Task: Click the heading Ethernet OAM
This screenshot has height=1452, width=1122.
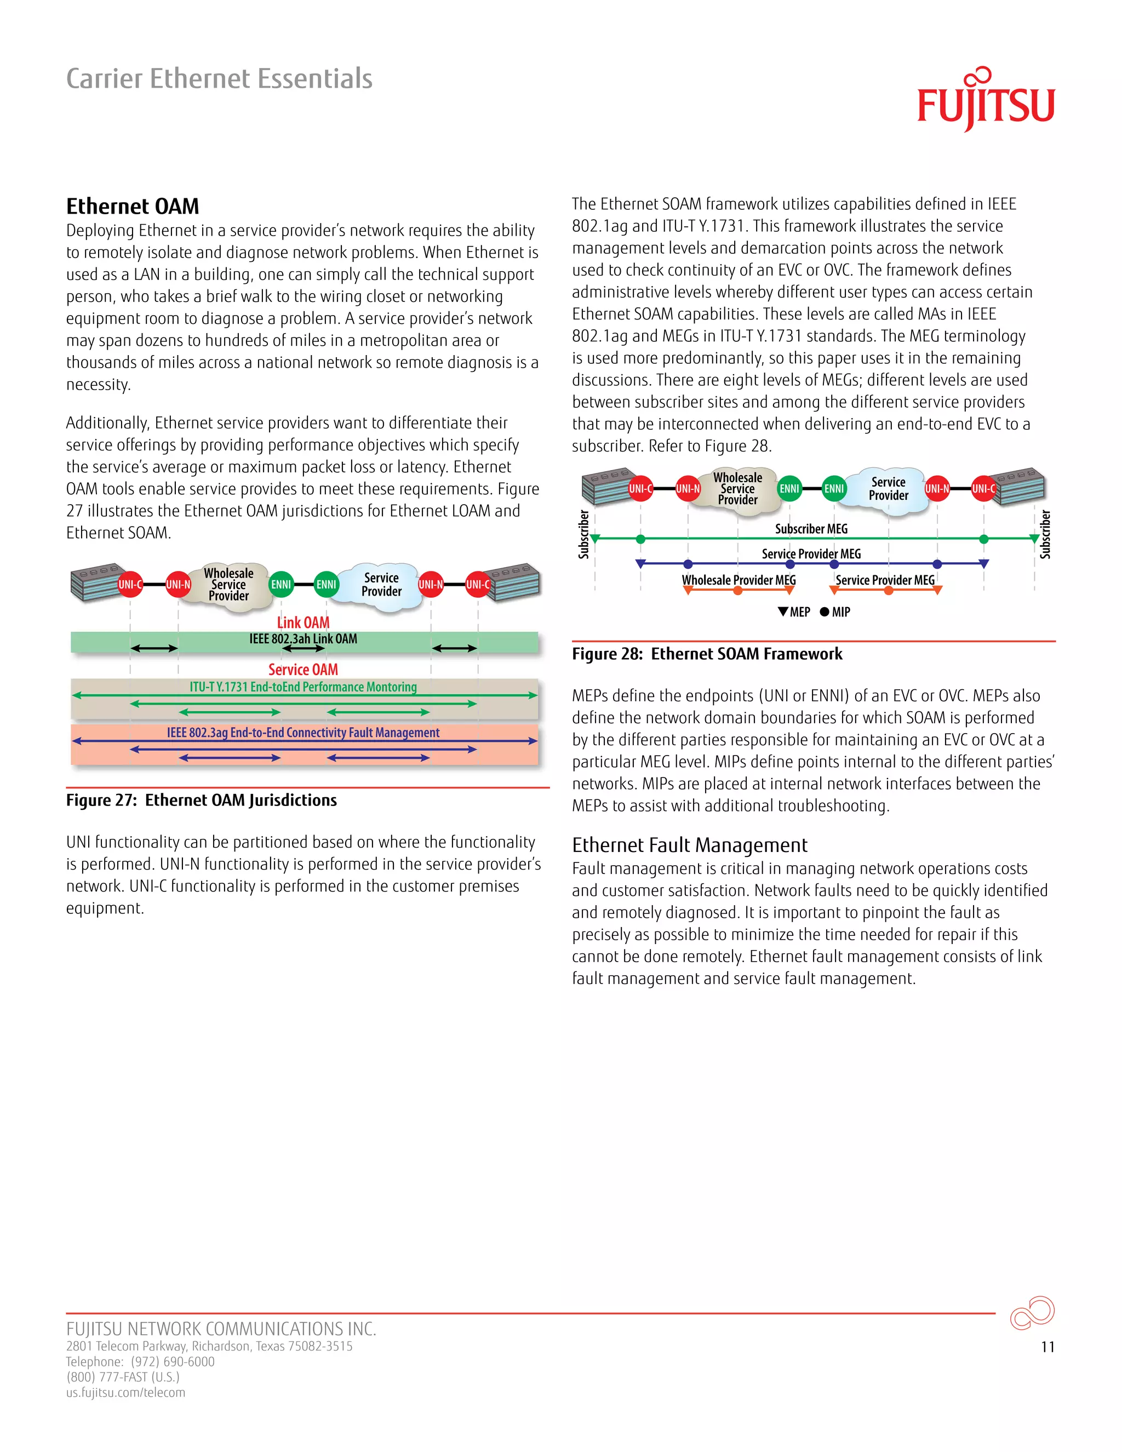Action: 132,206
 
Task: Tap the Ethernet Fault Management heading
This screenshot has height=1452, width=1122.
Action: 689,845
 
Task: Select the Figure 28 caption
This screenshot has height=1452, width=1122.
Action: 707,654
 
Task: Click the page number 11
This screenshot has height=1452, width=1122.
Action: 1047,1347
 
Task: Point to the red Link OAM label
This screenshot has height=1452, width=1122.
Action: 303,622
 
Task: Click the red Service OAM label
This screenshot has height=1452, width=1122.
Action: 303,670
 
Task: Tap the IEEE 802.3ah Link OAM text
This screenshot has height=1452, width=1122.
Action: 303,639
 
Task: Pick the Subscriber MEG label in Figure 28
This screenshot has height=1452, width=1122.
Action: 811,529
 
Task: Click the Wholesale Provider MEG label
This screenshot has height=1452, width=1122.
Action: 739,580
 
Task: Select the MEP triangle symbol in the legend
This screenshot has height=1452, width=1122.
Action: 783,611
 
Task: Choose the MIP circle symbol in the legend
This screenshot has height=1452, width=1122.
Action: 824,611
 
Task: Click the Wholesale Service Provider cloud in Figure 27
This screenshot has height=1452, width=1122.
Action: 228,585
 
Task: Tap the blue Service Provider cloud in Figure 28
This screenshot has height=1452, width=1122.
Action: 888,489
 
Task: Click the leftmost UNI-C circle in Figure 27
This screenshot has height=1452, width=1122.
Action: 130,585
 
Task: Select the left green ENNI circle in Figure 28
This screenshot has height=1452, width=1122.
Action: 789,489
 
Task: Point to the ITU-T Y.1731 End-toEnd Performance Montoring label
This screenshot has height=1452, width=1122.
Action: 303,687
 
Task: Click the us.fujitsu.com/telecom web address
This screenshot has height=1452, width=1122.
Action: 125,1393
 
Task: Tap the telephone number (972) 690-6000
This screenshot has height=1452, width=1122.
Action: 173,1362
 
